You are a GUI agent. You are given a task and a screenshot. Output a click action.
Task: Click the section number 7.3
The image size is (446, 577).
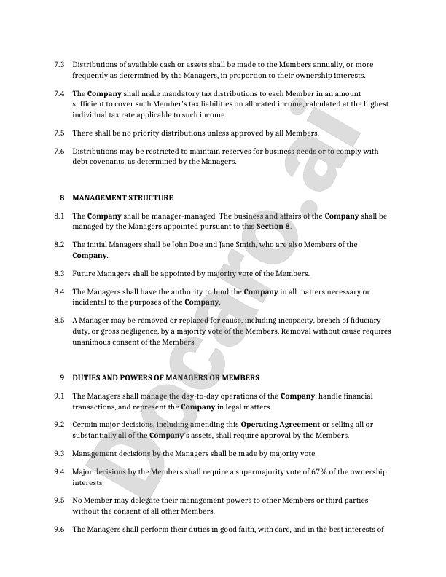pos(59,65)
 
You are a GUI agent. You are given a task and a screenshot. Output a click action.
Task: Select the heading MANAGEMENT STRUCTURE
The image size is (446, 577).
pos(123,197)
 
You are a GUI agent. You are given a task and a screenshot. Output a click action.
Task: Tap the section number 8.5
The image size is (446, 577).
pos(59,321)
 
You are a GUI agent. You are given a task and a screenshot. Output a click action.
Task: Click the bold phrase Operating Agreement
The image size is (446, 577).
pos(280,425)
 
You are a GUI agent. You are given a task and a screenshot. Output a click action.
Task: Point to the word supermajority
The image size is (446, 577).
pos(239,472)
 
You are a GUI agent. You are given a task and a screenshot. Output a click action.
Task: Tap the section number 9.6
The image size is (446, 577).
pos(59,530)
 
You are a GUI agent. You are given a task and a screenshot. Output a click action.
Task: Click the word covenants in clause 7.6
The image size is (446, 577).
pos(109,162)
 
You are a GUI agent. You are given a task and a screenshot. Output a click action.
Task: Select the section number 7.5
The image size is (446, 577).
pos(59,133)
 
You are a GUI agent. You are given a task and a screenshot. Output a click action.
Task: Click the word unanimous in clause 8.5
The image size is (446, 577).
pos(95,342)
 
